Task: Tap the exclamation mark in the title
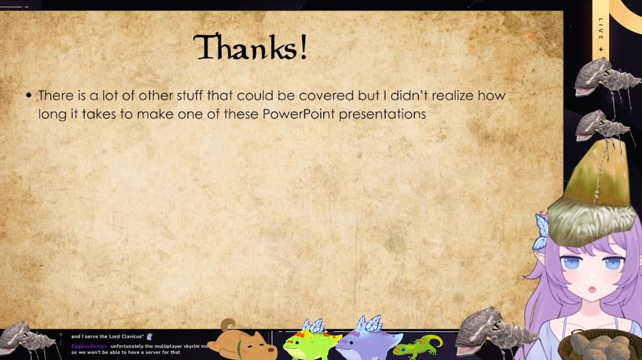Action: coord(303,47)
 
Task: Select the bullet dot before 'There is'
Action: coord(29,95)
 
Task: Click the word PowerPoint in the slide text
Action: coord(298,114)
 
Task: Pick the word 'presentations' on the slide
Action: coord(382,114)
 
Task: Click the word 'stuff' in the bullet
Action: coord(189,95)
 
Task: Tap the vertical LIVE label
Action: coord(601,29)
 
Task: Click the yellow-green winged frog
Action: coord(311,341)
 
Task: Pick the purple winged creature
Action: coord(369,339)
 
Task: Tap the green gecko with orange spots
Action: coord(418,347)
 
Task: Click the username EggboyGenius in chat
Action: coord(89,346)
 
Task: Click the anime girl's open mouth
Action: coord(592,289)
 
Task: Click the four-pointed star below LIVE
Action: coord(601,50)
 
